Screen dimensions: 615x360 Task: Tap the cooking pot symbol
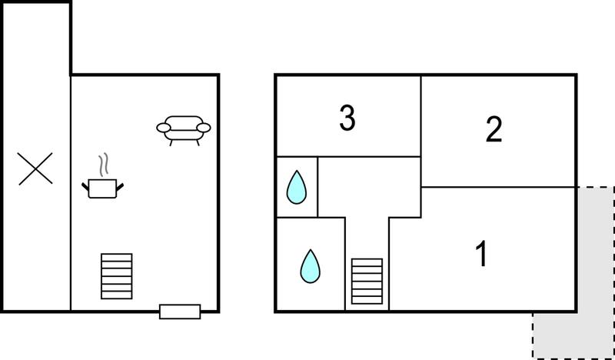[x=102, y=188]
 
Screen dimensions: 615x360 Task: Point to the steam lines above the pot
[x=104, y=164]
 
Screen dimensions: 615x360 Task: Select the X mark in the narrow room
[x=35, y=168]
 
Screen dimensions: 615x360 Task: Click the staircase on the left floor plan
[x=117, y=276]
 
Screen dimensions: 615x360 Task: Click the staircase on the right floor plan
[x=367, y=281]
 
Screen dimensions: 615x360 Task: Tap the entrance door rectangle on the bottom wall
[x=180, y=312]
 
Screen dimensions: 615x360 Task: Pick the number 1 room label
[x=481, y=253]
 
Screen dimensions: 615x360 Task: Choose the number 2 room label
[x=494, y=129]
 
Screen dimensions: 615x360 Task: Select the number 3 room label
[x=347, y=117]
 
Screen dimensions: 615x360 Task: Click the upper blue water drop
[x=297, y=187]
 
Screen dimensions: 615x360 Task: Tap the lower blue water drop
[x=311, y=266]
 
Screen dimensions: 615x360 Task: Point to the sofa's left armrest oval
[x=164, y=128]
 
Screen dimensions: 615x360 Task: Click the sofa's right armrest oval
[x=204, y=128]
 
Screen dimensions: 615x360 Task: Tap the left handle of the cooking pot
[x=85, y=186]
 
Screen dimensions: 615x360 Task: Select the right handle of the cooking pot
[x=120, y=186]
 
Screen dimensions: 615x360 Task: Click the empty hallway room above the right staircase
[x=369, y=187]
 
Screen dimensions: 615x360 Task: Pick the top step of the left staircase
[x=117, y=257]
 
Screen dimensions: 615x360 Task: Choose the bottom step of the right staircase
[x=367, y=300]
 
